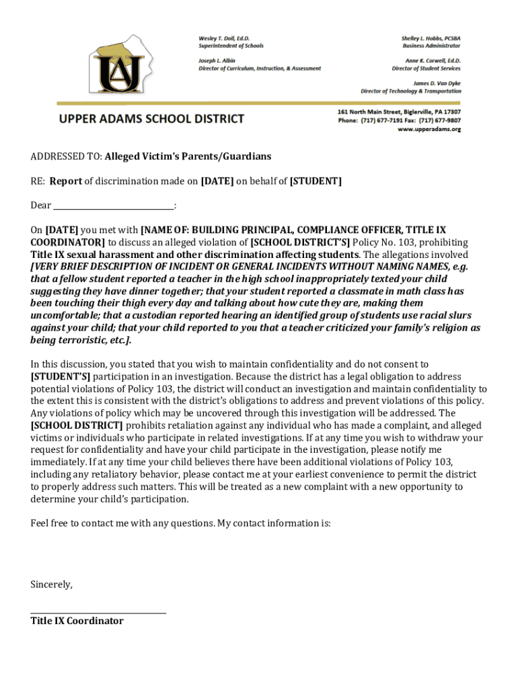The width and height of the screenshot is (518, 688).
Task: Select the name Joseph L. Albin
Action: click(216, 60)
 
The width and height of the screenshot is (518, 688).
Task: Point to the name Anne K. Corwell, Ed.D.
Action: click(427, 60)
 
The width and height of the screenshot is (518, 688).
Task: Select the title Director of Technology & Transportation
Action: click(411, 91)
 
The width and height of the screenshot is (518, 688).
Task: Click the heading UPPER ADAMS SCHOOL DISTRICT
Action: click(151, 119)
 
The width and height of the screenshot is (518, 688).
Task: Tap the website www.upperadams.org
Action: click(429, 129)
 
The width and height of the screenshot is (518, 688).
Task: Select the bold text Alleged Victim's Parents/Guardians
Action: click(188, 157)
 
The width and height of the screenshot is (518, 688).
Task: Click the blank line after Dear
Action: click(113, 206)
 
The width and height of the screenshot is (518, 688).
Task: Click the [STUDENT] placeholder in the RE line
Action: click(316, 181)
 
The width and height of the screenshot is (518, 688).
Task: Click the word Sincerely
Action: click(51, 585)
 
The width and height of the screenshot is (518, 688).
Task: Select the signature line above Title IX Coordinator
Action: click(98, 612)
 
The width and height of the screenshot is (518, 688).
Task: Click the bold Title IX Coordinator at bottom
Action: click(77, 621)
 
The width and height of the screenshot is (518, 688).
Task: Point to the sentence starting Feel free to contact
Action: click(180, 523)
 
